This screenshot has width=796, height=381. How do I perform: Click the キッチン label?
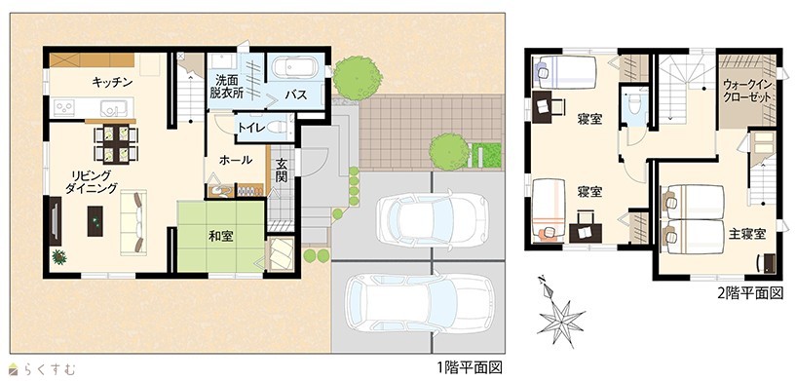tap(112, 82)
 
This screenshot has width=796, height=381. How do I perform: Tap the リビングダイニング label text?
tap(92, 181)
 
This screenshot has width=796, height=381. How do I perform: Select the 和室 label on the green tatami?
tap(221, 236)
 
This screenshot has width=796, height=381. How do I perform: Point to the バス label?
tap(295, 95)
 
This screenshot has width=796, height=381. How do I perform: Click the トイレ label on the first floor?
tap(250, 128)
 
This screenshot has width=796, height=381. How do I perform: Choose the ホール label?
tap(236, 161)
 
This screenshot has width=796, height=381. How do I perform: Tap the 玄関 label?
tap(283, 170)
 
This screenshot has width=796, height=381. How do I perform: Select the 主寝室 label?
tap(747, 234)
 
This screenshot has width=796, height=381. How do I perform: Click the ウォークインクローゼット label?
tap(747, 91)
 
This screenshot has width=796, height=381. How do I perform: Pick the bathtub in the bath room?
tap(295, 67)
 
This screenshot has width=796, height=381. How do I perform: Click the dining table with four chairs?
tap(116, 144)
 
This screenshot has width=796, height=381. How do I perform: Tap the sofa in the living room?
tap(133, 222)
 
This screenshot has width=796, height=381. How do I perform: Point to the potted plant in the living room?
tap(59, 256)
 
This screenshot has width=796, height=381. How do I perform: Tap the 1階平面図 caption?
tap(470, 366)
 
